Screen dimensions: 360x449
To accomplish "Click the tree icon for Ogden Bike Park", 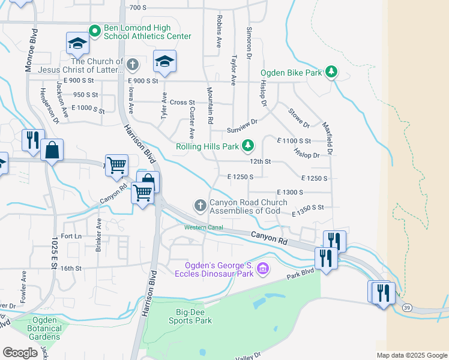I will pyautogui.click(x=331, y=73).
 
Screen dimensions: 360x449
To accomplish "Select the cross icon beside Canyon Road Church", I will pyautogui.click(x=200, y=206).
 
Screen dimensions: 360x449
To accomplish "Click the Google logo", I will pyautogui.click(x=20, y=352).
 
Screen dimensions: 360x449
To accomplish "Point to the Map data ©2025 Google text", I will pyautogui.click(x=412, y=355).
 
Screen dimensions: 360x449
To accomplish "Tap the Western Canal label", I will pyautogui.click(x=203, y=227).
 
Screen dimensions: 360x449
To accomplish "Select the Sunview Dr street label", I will pyautogui.click(x=242, y=130).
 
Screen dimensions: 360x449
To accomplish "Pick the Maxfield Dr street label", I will pyautogui.click(x=329, y=137).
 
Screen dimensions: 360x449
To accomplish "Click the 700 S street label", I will pyautogui.click(x=137, y=7).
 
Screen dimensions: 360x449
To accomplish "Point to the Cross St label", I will pyautogui.click(x=182, y=103).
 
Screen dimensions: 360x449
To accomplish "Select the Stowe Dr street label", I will pyautogui.click(x=298, y=118).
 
